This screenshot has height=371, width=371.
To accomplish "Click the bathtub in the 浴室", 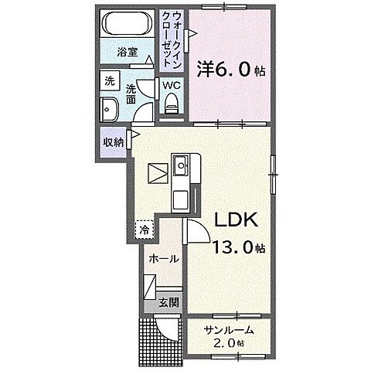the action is [127, 24].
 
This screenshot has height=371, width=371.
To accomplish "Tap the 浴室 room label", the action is [127, 53].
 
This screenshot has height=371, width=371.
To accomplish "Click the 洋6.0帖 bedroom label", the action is [231, 70].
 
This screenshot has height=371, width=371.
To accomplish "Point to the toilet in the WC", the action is [172, 103].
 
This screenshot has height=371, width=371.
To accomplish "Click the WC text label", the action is [172, 85].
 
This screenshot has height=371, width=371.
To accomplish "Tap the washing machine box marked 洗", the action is [110, 81].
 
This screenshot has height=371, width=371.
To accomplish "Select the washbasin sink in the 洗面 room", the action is [109, 110].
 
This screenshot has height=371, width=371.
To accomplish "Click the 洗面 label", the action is [131, 94].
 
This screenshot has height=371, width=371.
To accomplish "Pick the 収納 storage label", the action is [114, 142].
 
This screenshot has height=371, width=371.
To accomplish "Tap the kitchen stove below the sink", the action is [181, 200].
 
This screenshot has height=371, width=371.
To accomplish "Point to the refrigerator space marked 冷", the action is [145, 230].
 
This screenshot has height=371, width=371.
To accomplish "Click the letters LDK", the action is [237, 220].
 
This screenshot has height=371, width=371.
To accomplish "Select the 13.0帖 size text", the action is [238, 247].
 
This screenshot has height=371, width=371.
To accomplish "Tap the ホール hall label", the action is [164, 258].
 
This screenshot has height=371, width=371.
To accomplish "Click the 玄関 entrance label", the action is [168, 302].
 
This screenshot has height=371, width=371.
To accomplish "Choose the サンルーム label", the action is [229, 330].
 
